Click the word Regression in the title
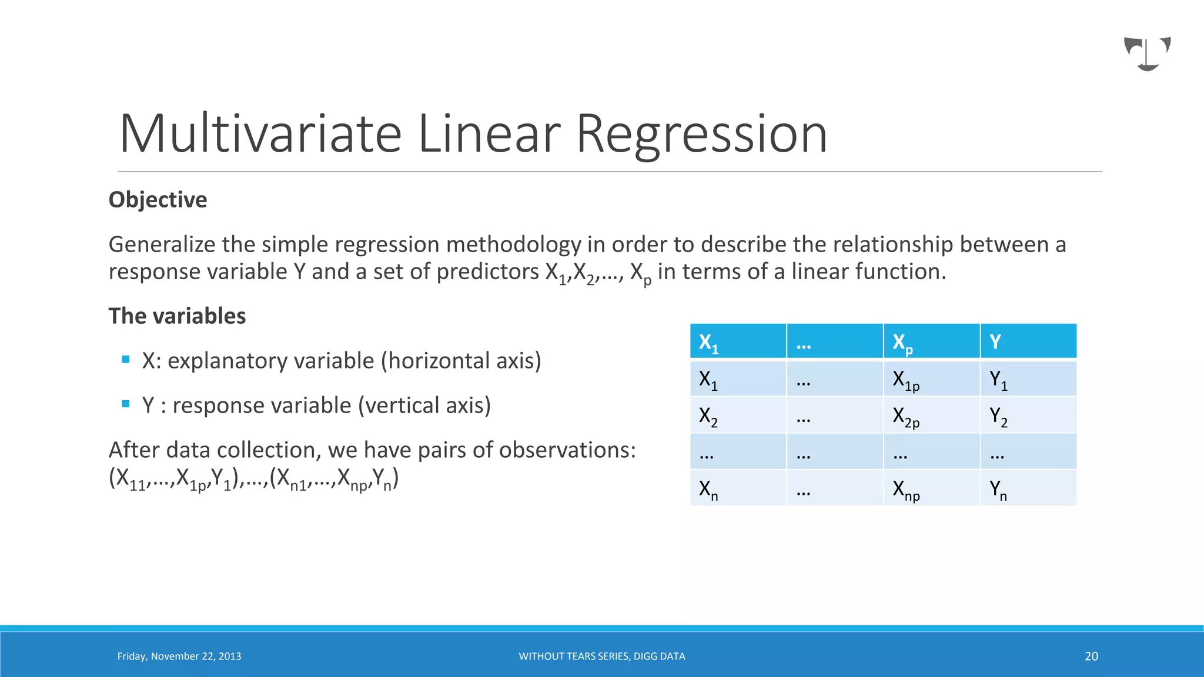pyautogui.click(x=701, y=135)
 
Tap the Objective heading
pyautogui.click(x=158, y=200)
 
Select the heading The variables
pyautogui.click(x=177, y=316)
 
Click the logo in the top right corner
pyautogui.click(x=1147, y=53)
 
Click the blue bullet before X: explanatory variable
pyautogui.click(x=125, y=359)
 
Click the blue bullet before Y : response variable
pyautogui.click(x=125, y=404)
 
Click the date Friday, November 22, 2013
pyautogui.click(x=179, y=656)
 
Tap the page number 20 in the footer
pyautogui.click(x=1091, y=656)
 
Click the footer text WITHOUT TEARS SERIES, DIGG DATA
pyautogui.click(x=601, y=656)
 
